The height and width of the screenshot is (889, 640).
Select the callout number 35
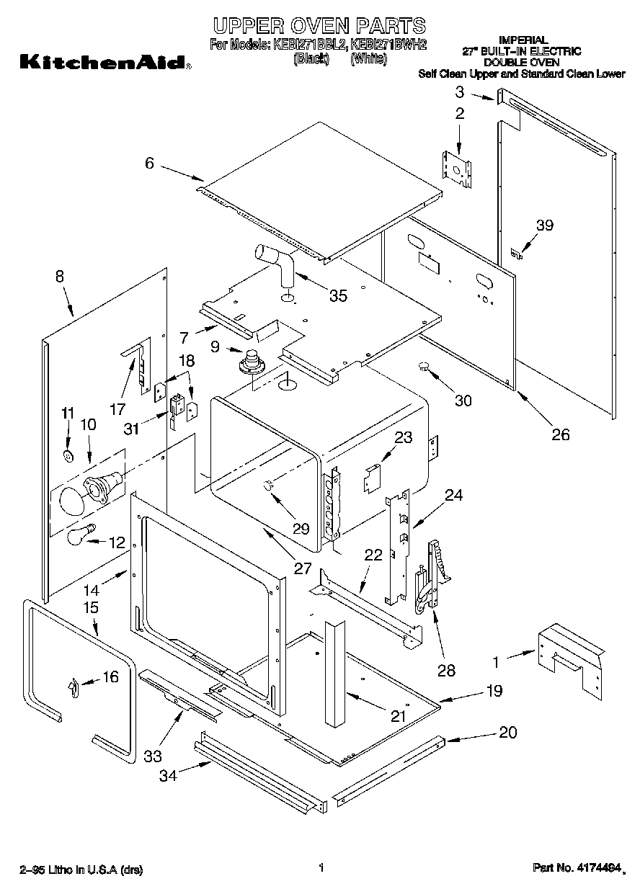click(337, 295)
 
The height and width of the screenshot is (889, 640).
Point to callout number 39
click(545, 225)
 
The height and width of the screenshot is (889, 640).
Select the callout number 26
click(560, 434)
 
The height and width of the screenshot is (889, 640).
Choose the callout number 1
click(496, 658)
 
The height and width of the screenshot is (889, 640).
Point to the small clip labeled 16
click(74, 688)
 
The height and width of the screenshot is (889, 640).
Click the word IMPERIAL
click(523, 40)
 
